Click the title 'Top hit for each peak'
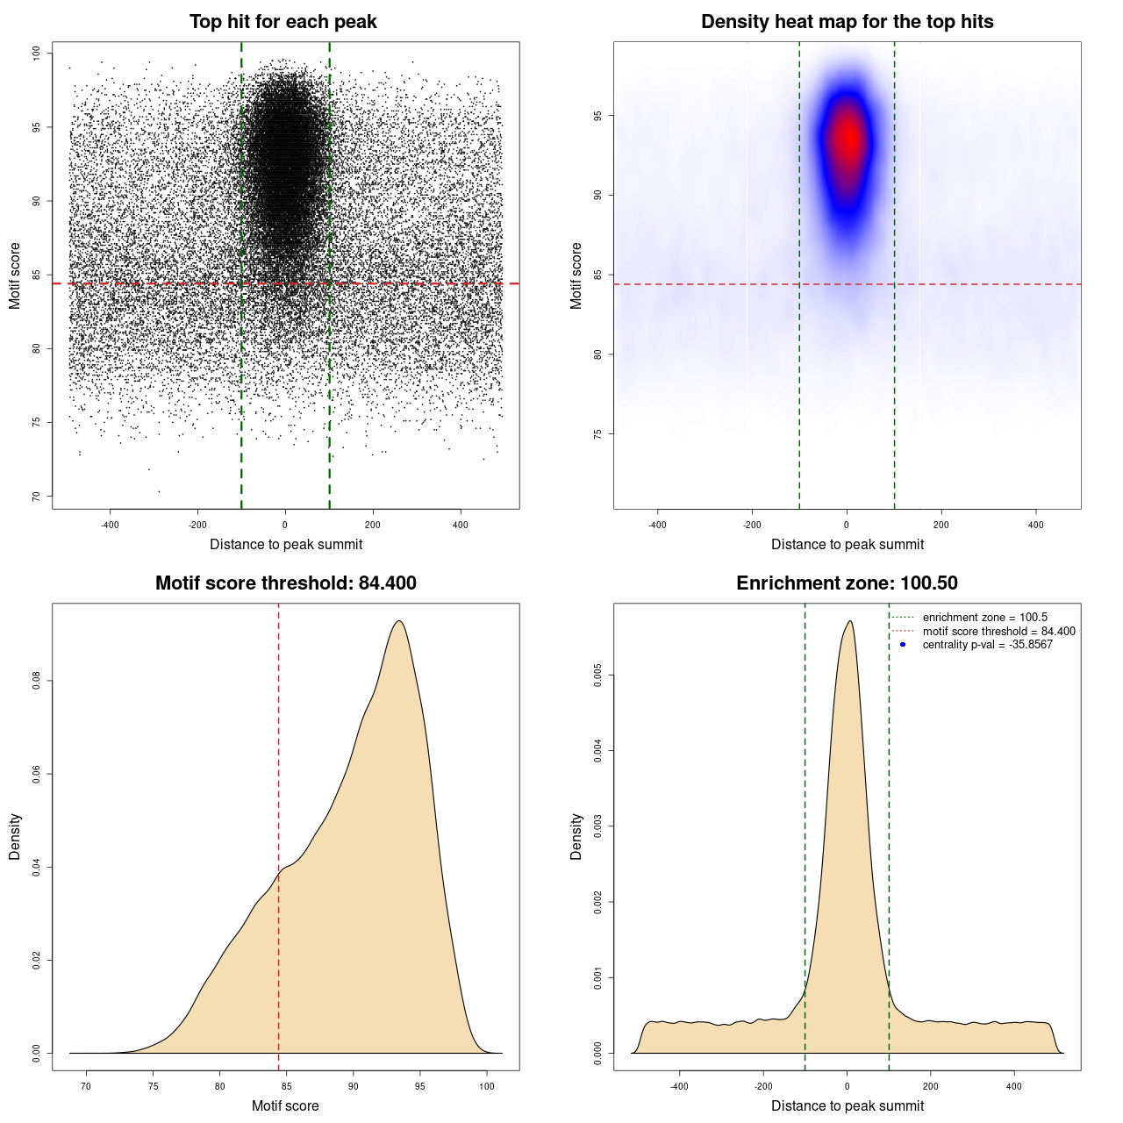(x=283, y=22)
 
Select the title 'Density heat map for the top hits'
(x=847, y=22)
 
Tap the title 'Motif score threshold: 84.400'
(x=285, y=583)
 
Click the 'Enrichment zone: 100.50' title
(x=847, y=583)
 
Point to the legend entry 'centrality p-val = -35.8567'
(x=987, y=645)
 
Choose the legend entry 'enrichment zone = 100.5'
(x=984, y=618)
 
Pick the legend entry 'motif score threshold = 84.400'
(x=998, y=632)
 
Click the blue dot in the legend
(x=903, y=645)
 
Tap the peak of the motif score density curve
(x=399, y=621)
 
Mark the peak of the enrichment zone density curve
(x=849, y=621)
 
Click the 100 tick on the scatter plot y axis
(x=37, y=54)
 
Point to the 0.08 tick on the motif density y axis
(x=36, y=681)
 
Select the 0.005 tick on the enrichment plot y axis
(x=597, y=676)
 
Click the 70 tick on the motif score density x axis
(x=86, y=1086)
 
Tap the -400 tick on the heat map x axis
(x=657, y=525)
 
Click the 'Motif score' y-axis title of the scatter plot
(x=15, y=276)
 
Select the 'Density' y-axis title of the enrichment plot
(x=576, y=836)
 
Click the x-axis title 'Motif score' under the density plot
(x=285, y=1105)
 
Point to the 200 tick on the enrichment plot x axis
(x=930, y=1086)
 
